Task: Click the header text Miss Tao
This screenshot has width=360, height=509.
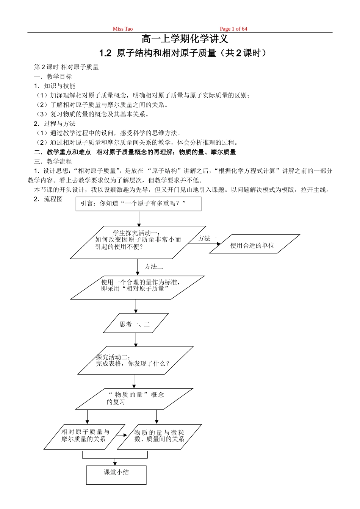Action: pyautogui.click(x=122, y=29)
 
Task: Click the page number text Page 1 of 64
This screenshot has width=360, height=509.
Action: pyautogui.click(x=233, y=29)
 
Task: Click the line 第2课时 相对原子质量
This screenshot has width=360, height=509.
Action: pyautogui.click(x=66, y=67)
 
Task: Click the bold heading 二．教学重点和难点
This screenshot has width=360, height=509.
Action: pyautogui.click(x=63, y=152)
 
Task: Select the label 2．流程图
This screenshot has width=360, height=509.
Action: pyautogui.click(x=48, y=199)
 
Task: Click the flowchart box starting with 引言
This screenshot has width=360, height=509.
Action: pyautogui.click(x=139, y=204)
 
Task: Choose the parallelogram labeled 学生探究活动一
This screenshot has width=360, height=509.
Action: pyautogui.click(x=138, y=242)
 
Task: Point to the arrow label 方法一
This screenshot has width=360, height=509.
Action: pyautogui.click(x=207, y=238)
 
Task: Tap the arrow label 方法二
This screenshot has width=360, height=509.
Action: pyautogui.click(x=154, y=267)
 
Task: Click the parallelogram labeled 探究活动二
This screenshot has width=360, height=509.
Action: pyautogui.click(x=135, y=360)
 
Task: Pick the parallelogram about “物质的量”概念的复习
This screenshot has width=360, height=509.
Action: pyautogui.click(x=135, y=398)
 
